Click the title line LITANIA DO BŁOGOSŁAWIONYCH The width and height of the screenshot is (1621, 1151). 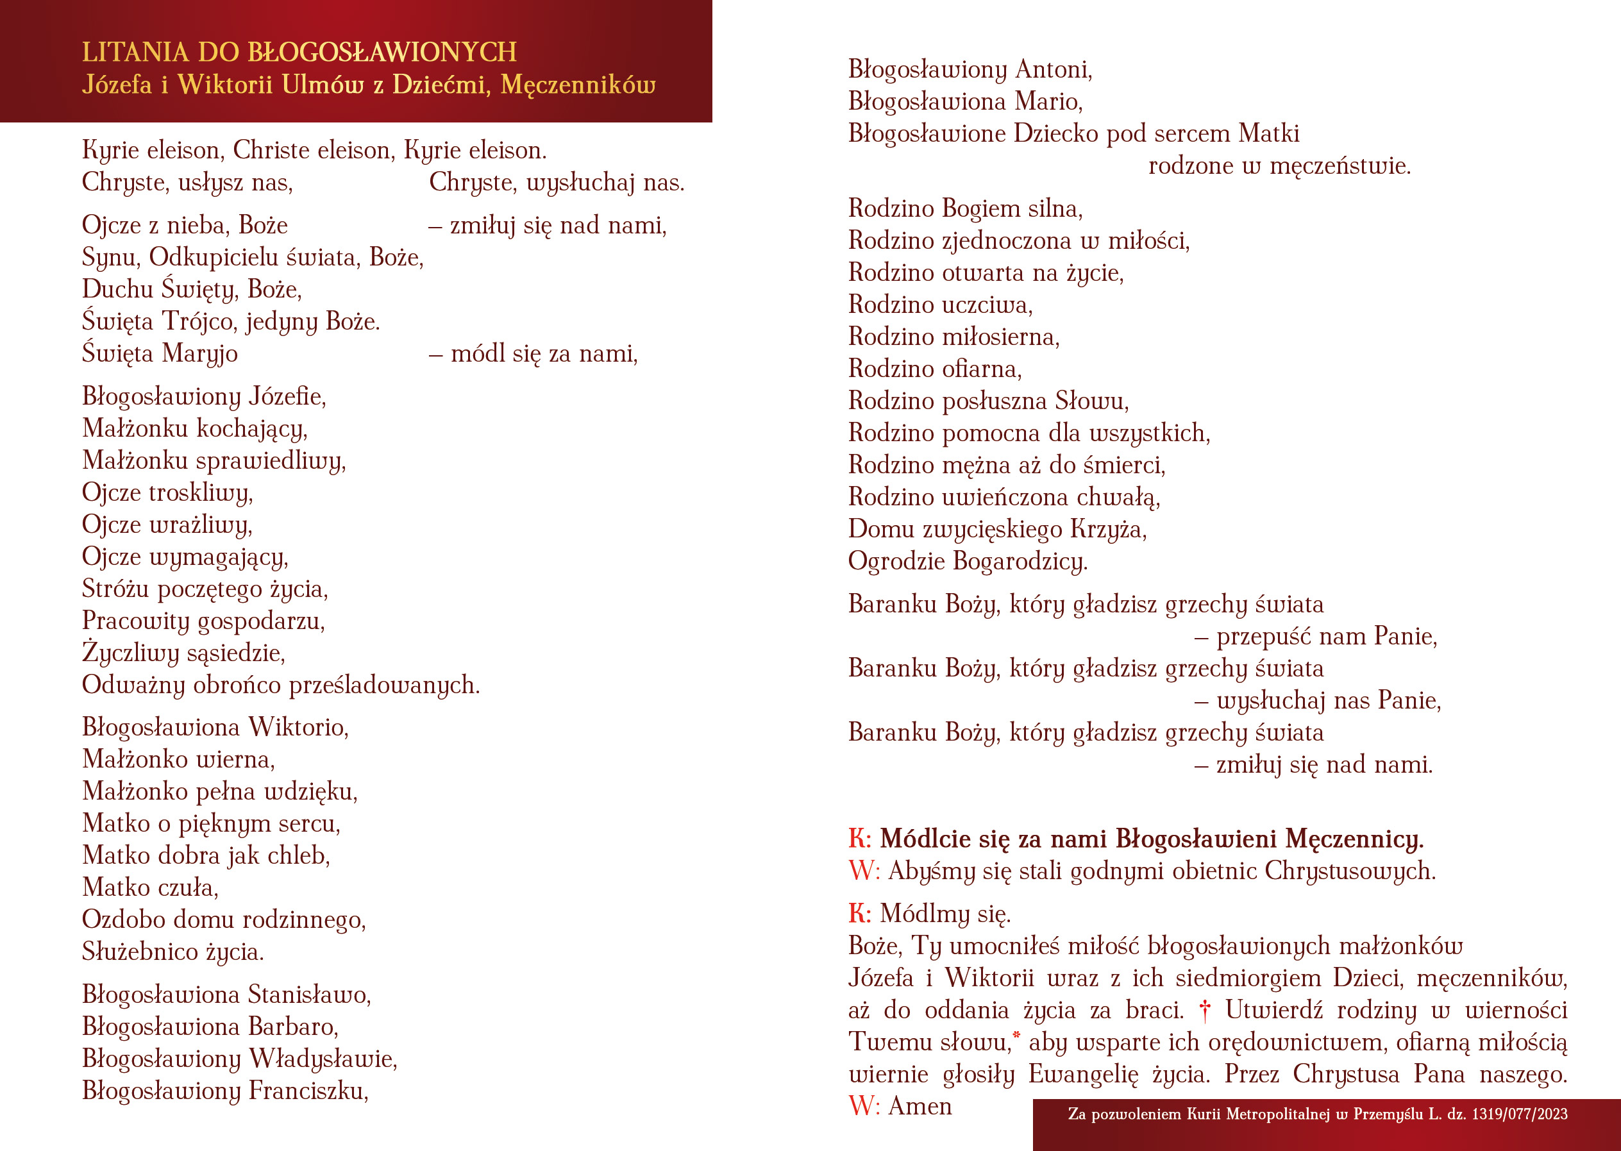[x=299, y=53]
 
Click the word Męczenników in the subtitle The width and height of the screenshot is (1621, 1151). [x=578, y=85]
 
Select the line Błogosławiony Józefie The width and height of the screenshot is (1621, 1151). [x=204, y=396]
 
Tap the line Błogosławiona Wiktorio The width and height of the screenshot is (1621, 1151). [x=215, y=727]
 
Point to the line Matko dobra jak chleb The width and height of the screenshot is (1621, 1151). [x=206, y=855]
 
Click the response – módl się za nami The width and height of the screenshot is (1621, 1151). [x=533, y=353]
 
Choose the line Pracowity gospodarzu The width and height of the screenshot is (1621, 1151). [x=203, y=621]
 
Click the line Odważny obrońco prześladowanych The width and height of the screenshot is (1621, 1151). [x=281, y=685]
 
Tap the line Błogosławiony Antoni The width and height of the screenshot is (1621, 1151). [x=970, y=69]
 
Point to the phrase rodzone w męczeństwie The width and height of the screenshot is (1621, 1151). [x=1279, y=166]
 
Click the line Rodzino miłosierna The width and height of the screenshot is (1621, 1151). [x=954, y=337]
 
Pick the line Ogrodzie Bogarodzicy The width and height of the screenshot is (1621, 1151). [x=968, y=561]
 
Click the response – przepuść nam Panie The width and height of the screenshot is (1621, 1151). [x=1316, y=637]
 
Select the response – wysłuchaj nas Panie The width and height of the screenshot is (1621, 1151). [x=1318, y=700]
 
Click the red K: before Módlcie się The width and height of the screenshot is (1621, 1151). [x=859, y=839]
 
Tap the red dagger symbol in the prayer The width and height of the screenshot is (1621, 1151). [x=1204, y=1011]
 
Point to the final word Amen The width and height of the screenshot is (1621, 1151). [x=920, y=1106]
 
